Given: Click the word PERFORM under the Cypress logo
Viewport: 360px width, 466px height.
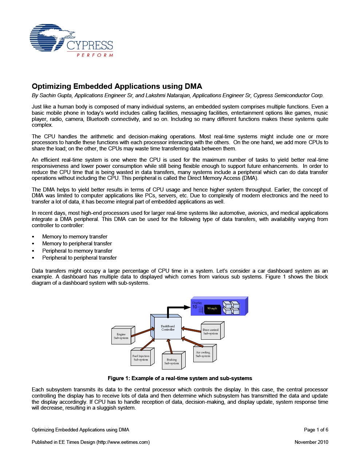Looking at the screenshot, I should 95,55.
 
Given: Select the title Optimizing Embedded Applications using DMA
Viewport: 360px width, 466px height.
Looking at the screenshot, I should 117,86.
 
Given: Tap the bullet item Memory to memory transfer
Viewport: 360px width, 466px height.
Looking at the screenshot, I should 75,237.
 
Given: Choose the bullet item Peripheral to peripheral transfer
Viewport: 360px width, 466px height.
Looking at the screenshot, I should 79,258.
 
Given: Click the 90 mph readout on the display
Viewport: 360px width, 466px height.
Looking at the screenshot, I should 212,309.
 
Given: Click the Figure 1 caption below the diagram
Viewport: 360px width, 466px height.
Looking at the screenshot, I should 180,378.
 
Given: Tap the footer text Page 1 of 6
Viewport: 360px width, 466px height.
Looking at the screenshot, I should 316,430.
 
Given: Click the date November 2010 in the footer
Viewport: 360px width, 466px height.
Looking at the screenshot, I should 311,442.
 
